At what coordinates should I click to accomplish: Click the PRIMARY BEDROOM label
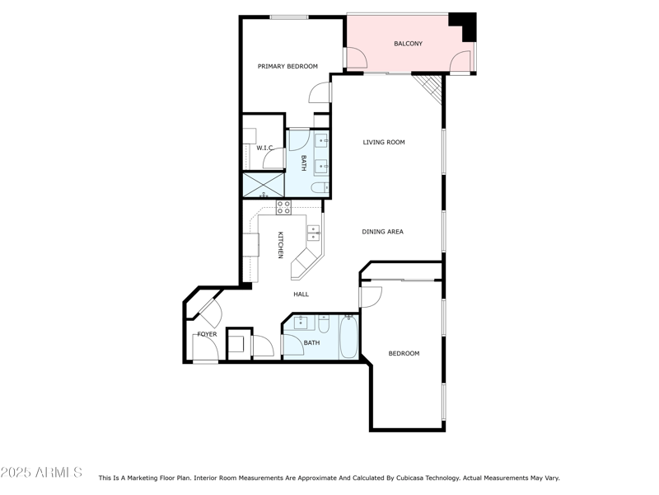pyautogui.click(x=287, y=67)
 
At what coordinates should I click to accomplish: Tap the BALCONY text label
pyautogui.click(x=408, y=44)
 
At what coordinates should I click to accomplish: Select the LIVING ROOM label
pyautogui.click(x=384, y=143)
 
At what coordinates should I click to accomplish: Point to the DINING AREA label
pyautogui.click(x=382, y=232)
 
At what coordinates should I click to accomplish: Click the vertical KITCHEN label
pyautogui.click(x=280, y=244)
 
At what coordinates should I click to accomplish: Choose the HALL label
pyautogui.click(x=301, y=294)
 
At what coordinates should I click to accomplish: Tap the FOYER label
pyautogui.click(x=207, y=334)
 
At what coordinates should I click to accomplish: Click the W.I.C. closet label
pyautogui.click(x=264, y=148)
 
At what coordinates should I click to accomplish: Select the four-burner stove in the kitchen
pyautogui.click(x=283, y=207)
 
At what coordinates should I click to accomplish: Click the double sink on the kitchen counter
pyautogui.click(x=314, y=233)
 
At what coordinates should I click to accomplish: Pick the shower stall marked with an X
pyautogui.click(x=262, y=185)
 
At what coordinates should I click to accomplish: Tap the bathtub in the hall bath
pyautogui.click(x=349, y=338)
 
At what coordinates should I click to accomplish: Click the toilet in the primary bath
pyautogui.click(x=320, y=188)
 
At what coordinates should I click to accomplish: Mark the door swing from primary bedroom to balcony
pyautogui.click(x=355, y=59)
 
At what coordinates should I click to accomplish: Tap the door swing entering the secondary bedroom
pyautogui.click(x=371, y=296)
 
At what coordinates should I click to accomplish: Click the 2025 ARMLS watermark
pyautogui.click(x=41, y=473)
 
